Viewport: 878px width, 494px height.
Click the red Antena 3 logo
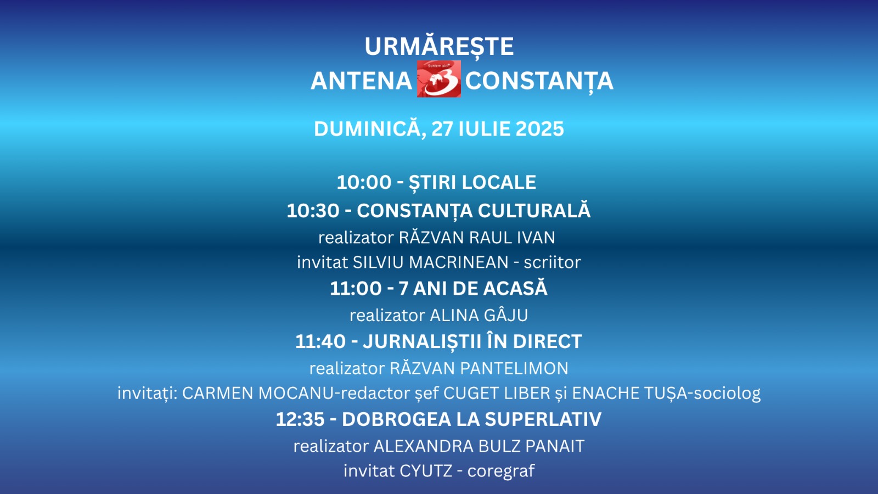point(438,79)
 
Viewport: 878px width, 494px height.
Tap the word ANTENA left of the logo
point(361,81)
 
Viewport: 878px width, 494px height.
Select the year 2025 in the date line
point(540,129)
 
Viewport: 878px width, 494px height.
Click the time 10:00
point(364,182)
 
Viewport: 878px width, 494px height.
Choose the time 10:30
point(313,211)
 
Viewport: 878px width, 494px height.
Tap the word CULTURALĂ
point(534,210)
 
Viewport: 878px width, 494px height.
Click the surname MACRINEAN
point(459,262)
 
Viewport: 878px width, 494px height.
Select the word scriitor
point(552,262)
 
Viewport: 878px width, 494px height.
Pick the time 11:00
point(356,289)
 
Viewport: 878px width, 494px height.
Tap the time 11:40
point(320,341)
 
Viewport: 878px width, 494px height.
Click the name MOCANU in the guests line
point(296,393)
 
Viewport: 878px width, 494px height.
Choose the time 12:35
point(300,419)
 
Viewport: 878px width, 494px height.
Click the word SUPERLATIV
point(543,419)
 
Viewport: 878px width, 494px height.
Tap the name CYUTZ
point(426,471)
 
